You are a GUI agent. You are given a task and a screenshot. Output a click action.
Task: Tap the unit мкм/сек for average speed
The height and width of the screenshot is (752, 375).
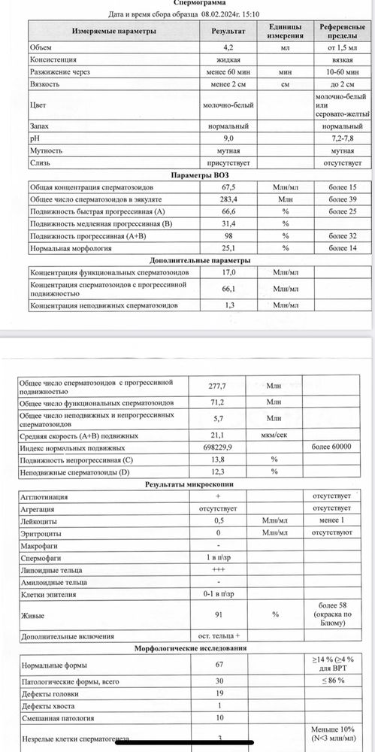[276, 434]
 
